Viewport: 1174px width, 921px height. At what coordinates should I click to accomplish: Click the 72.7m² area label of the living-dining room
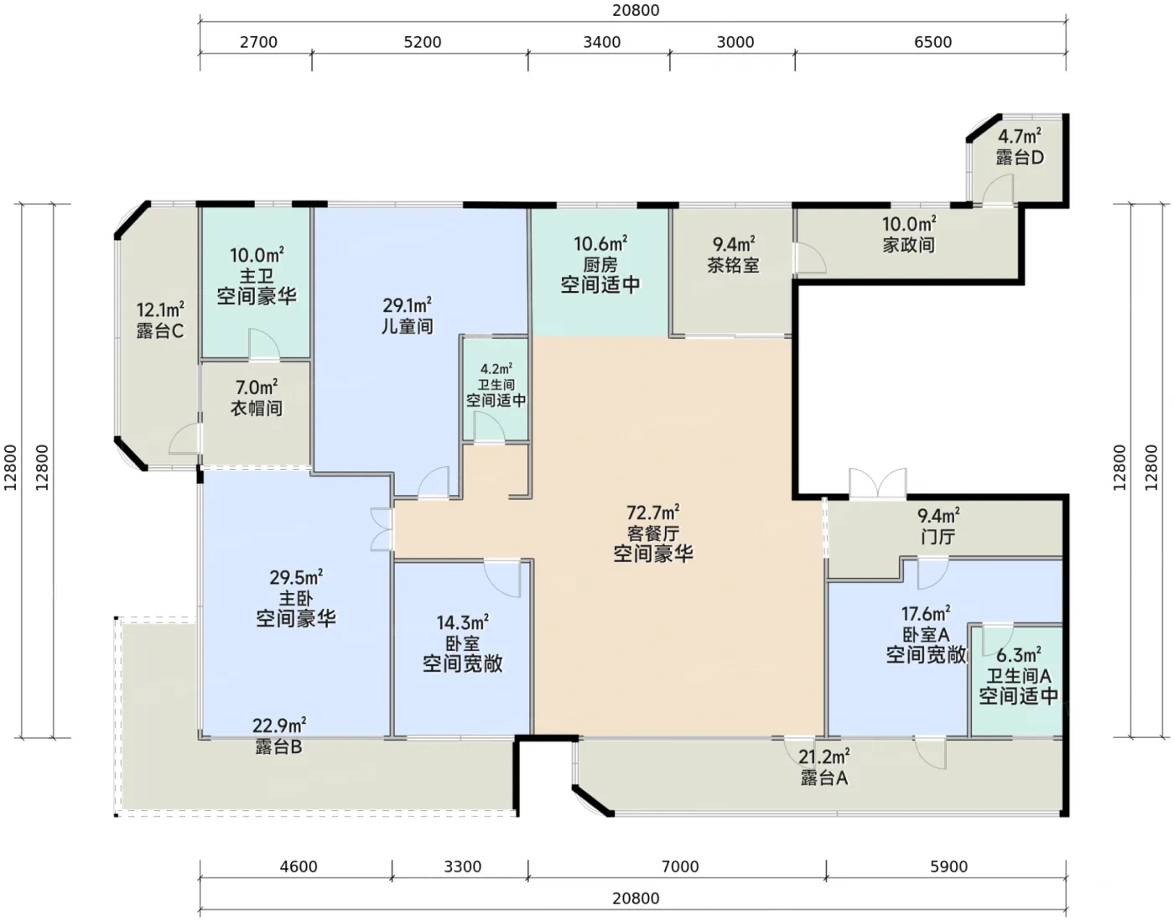[x=652, y=512]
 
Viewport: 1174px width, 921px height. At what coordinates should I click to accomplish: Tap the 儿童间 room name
[x=408, y=326]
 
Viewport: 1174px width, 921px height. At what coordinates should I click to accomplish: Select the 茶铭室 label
[x=733, y=265]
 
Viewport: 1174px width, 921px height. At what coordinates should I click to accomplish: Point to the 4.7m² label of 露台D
[x=1019, y=136]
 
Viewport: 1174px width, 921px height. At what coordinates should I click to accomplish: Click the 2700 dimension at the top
[x=258, y=42]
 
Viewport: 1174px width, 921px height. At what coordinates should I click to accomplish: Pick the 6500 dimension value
[x=933, y=42]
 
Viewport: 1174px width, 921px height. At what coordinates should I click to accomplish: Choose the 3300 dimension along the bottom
[x=462, y=867]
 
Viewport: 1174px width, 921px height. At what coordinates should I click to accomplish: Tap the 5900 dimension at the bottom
[x=948, y=867]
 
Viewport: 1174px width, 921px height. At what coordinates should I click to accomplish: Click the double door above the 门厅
[x=878, y=482]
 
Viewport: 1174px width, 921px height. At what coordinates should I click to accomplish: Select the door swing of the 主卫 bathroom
[x=264, y=343]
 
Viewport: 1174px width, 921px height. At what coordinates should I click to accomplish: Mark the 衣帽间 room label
[x=257, y=408]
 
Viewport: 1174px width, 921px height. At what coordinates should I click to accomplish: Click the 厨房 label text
[x=600, y=265]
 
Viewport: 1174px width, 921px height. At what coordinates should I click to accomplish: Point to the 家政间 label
[x=909, y=245]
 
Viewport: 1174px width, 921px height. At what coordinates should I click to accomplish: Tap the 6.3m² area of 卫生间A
[x=1018, y=655]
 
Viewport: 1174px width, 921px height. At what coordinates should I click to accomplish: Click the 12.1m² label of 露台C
[x=160, y=310]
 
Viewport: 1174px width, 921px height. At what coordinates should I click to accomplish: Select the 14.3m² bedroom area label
[x=462, y=623]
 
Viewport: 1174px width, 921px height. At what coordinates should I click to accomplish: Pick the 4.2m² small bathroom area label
[x=496, y=369]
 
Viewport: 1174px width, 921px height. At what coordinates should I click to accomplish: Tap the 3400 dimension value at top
[x=601, y=42]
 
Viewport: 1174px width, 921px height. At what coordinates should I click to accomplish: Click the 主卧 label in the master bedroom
[x=296, y=599]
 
